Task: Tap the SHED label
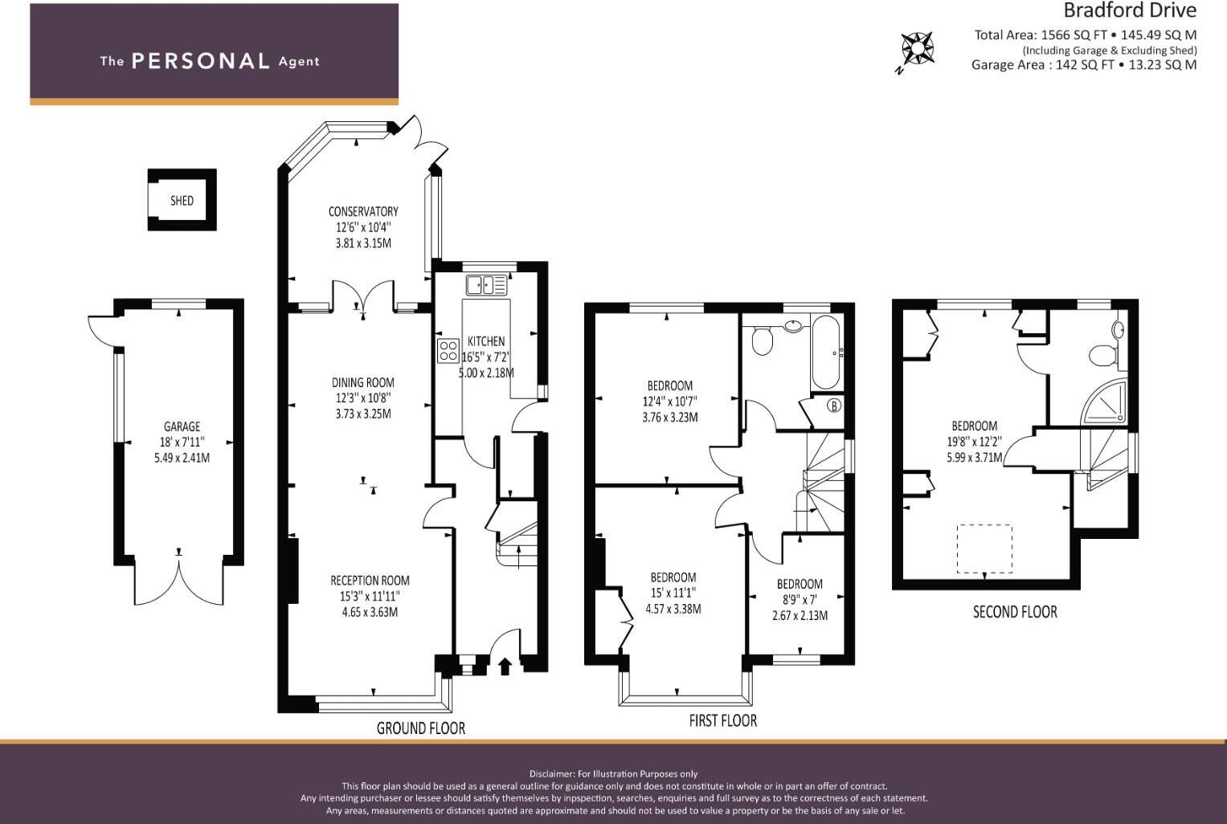coord(182,201)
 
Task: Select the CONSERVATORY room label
coord(363,211)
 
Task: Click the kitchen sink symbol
coord(486,284)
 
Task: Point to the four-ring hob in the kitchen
coord(448,351)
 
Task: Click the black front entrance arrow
coord(505,667)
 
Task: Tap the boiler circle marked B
coord(834,406)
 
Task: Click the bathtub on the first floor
coord(825,352)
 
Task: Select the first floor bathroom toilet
coord(762,340)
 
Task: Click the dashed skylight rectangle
coord(984,549)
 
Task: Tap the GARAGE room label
coord(182,426)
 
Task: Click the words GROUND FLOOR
coord(421,728)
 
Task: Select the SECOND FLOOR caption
coord(1015,612)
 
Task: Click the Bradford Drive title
coord(1130,10)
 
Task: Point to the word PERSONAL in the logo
coord(201,61)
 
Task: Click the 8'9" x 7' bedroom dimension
coord(800,599)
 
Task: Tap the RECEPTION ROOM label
coord(370,581)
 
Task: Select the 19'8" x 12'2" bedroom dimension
coord(975,441)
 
